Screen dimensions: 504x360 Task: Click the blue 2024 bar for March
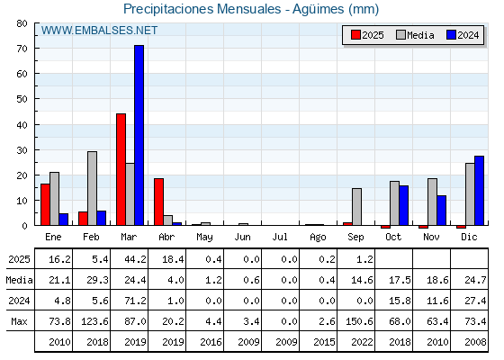(x=139, y=135)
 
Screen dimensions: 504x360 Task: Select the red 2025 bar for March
(x=121, y=169)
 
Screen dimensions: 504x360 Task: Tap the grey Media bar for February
(x=92, y=188)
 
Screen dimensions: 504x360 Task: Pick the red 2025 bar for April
(x=158, y=202)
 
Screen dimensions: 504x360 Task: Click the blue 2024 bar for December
(x=479, y=191)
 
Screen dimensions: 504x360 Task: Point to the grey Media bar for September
(x=356, y=207)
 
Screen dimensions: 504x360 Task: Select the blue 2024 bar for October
(x=404, y=205)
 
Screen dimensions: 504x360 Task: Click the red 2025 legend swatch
(x=355, y=35)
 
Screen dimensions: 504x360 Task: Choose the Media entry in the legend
(x=415, y=35)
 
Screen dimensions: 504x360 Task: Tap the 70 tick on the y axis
(x=22, y=49)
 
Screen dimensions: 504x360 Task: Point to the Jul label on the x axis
(x=280, y=237)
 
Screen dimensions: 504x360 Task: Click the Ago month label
(x=318, y=238)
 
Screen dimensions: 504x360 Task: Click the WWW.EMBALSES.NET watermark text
(x=99, y=31)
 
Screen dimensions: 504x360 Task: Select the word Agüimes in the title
(x=318, y=9)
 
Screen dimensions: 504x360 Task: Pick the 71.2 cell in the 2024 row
(x=135, y=301)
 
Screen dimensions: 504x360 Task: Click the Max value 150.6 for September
(x=359, y=321)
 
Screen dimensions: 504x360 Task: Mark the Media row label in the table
(x=19, y=280)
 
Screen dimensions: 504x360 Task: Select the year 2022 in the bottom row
(x=362, y=342)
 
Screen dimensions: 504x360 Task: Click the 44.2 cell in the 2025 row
(x=135, y=259)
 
